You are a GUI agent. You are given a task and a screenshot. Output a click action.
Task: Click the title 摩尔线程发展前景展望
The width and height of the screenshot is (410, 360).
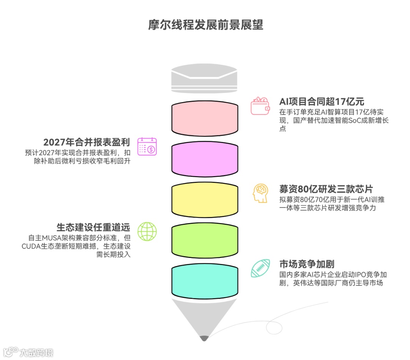205,25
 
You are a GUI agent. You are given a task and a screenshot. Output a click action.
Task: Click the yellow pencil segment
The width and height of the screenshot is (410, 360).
205,200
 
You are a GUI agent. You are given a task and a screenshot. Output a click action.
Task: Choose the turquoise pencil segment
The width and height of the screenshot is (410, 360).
205,281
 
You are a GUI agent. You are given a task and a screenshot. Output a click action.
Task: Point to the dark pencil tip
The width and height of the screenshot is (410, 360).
205,337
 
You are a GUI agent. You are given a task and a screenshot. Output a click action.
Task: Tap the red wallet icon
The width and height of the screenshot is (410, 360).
260,106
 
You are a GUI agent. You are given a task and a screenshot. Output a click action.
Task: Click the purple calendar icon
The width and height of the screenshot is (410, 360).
147,147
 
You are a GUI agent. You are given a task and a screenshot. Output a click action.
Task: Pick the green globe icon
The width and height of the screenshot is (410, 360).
147,231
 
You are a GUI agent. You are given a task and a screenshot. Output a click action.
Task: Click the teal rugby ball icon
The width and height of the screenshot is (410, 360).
260,268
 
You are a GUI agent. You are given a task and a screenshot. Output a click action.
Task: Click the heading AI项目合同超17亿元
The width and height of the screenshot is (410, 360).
322,102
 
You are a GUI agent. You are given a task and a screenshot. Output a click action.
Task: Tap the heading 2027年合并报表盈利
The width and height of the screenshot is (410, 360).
87,142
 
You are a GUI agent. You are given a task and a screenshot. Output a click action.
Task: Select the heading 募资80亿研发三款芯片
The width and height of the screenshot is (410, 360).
326,189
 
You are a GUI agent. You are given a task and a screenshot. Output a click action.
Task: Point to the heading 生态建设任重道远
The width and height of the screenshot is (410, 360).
93,227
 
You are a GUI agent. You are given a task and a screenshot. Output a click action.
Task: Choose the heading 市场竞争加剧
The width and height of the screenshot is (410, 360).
307,264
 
